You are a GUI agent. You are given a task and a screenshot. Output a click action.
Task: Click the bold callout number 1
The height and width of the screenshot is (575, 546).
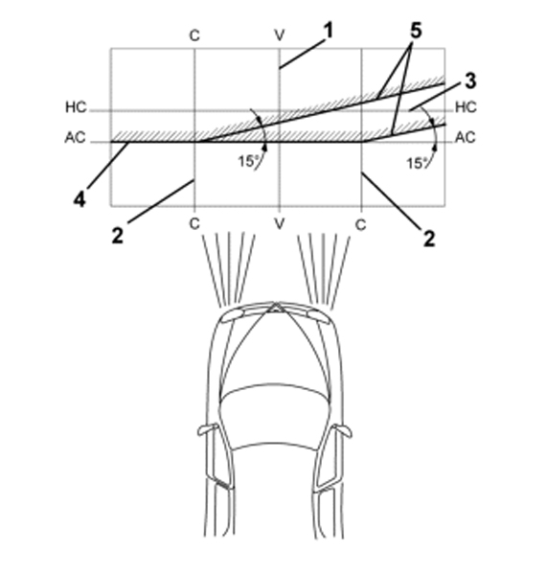point(329,31)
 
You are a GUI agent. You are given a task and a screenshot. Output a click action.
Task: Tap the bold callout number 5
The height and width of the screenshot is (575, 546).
point(416,31)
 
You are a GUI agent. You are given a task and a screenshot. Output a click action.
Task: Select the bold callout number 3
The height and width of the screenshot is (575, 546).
point(470,81)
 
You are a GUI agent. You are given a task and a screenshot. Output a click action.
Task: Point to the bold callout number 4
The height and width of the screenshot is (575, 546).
point(80,199)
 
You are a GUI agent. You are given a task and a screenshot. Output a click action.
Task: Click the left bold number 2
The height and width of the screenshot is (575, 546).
point(117,236)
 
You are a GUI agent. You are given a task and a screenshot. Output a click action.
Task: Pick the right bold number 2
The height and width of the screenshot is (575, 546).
point(429,239)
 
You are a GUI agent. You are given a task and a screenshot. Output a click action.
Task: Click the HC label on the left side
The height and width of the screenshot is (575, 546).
point(76,107)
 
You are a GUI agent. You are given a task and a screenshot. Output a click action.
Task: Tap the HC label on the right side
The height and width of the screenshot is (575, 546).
point(466,107)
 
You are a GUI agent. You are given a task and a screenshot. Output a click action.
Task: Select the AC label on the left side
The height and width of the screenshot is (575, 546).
point(75,137)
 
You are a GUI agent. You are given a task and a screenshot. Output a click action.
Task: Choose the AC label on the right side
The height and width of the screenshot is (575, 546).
point(465,137)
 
